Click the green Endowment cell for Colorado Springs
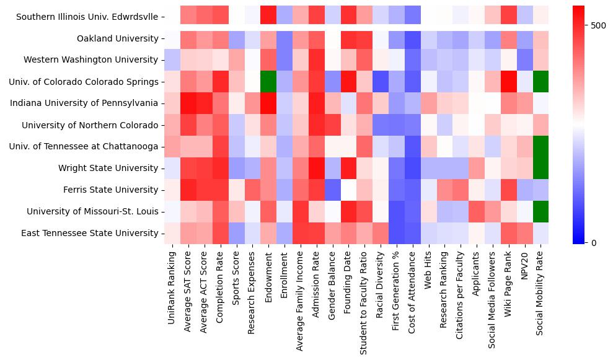(268, 82)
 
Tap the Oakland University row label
(117, 38)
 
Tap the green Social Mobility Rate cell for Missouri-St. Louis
(541, 211)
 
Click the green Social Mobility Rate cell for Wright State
(541, 168)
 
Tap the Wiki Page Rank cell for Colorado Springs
(509, 82)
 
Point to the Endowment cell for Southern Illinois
(268, 17)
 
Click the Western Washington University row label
(90, 60)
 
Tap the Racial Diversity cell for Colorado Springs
(381, 82)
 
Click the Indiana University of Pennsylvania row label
(84, 103)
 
